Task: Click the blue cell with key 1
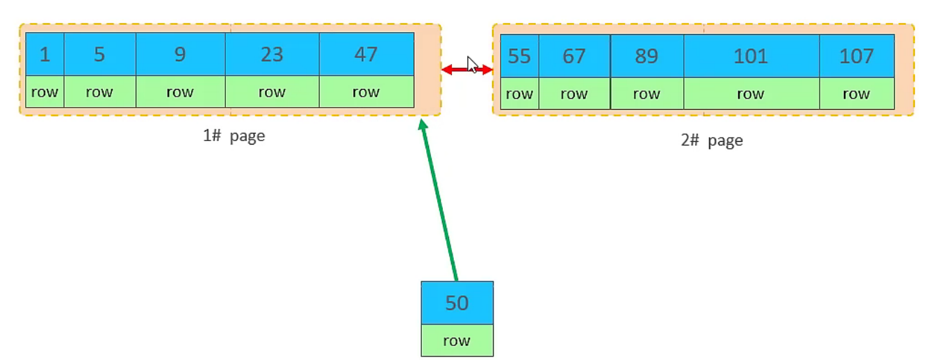click(44, 54)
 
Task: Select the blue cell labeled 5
click(100, 54)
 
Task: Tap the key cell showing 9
click(180, 54)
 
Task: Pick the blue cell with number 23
click(272, 54)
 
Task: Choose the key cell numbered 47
click(366, 54)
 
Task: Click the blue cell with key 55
click(520, 56)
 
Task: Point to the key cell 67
click(574, 56)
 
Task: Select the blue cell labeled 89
click(647, 56)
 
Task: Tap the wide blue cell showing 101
click(751, 56)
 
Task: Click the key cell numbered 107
click(857, 56)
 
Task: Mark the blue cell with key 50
click(457, 303)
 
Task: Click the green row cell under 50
click(457, 340)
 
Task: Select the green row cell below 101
click(751, 93)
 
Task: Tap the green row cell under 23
click(272, 92)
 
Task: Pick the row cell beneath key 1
click(44, 92)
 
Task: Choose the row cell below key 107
click(857, 93)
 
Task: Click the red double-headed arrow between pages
click(467, 69)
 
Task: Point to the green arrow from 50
click(439, 200)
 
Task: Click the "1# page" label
click(234, 136)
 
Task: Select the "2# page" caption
click(712, 140)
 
